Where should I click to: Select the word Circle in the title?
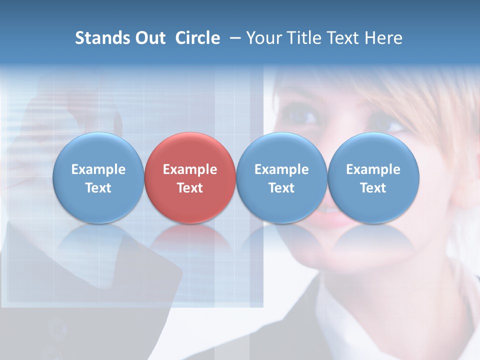[197, 38]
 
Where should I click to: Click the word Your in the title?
[262, 38]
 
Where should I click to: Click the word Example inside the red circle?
[190, 169]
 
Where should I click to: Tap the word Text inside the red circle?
[190, 188]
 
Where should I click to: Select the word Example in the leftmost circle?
[98, 169]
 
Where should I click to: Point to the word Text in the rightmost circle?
[373, 188]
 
